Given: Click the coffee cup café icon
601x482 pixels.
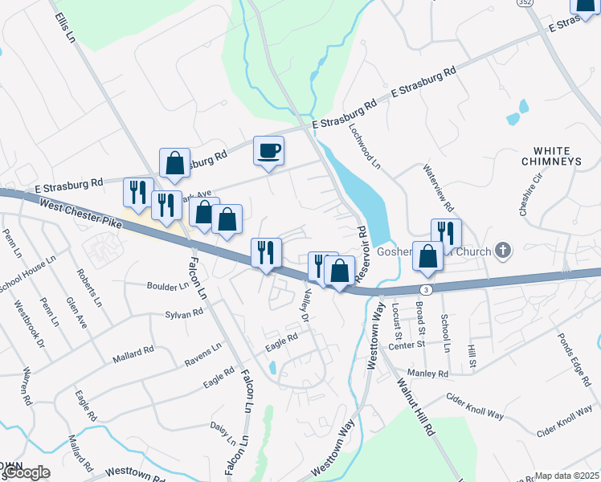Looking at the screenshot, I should pyautogui.click(x=268, y=150).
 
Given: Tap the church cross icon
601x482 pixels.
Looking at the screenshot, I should pyautogui.click(x=503, y=251).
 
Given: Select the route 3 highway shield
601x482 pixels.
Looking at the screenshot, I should pyautogui.click(x=426, y=288).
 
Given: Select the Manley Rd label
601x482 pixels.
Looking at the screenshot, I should pyautogui.click(x=431, y=374).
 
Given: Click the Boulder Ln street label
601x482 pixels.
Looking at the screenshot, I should pyautogui.click(x=167, y=286).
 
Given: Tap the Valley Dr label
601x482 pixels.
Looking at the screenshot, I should pyautogui.click(x=304, y=305).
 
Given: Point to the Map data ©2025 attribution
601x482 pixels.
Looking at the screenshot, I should pyautogui.click(x=567, y=476).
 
